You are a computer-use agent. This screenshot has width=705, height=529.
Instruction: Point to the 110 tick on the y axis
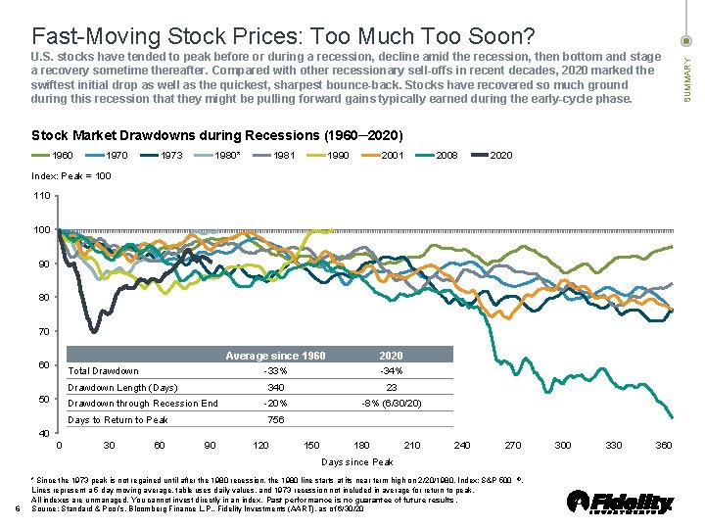pyautogui.click(x=42, y=196)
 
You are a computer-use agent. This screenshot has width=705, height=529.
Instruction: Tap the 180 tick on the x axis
pyautogui.click(x=361, y=446)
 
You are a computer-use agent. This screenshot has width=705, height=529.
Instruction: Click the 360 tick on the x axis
pyautogui.click(x=663, y=446)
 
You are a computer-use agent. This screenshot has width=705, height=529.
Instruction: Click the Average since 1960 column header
pyautogui.click(x=275, y=356)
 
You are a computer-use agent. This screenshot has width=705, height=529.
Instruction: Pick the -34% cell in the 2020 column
pyautogui.click(x=390, y=371)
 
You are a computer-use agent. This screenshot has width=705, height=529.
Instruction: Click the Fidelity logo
pyautogui.click(x=622, y=502)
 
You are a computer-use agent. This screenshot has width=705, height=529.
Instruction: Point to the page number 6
pyautogui.click(x=19, y=507)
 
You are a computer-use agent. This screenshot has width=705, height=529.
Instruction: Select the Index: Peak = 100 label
pyautogui.click(x=71, y=176)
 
